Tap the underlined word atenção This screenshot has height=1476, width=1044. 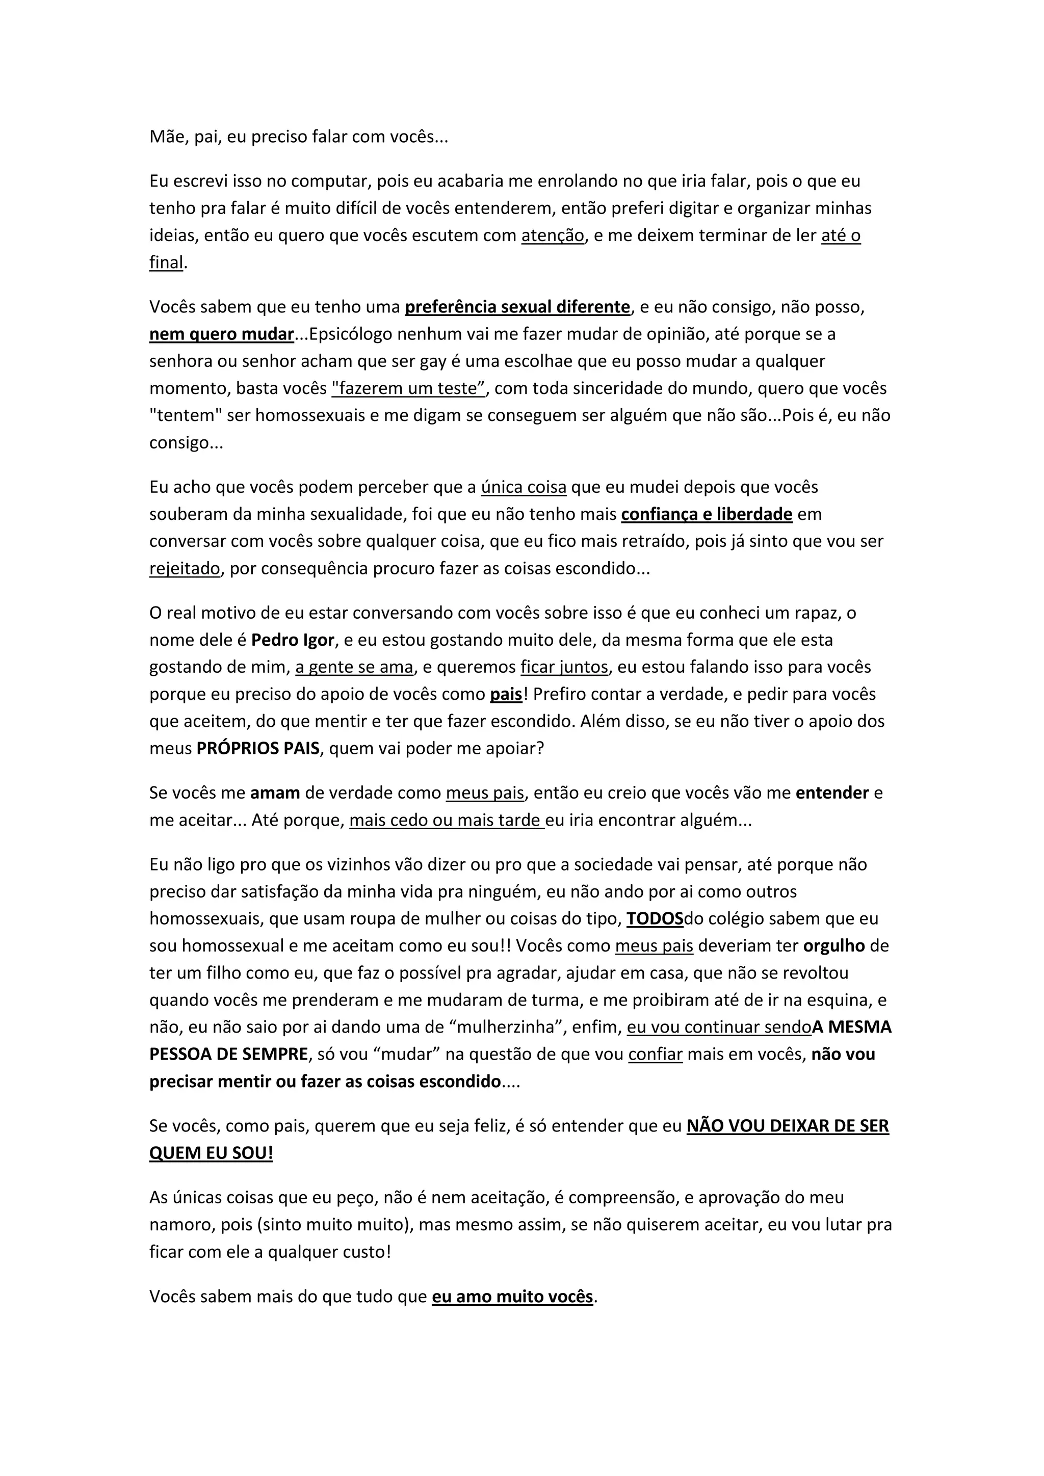click(x=552, y=235)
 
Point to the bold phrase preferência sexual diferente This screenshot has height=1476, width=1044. click(x=517, y=307)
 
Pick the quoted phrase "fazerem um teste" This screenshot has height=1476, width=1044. click(x=409, y=388)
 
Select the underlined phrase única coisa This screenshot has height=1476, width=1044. click(x=524, y=487)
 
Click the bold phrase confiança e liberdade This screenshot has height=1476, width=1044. click(x=707, y=514)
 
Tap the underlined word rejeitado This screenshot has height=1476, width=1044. click(x=185, y=568)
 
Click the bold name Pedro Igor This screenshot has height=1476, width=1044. click(x=293, y=640)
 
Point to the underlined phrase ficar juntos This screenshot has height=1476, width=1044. click(x=564, y=667)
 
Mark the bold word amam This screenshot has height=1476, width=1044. click(x=275, y=793)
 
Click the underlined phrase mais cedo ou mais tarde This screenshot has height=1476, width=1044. click(x=446, y=820)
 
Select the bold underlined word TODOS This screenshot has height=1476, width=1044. click(x=655, y=918)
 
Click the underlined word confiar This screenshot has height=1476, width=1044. click(x=655, y=1055)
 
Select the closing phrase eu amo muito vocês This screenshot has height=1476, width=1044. click(x=512, y=1297)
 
